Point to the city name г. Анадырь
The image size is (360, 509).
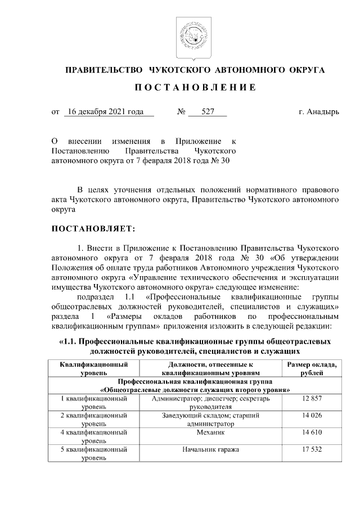pyautogui.click(x=319, y=112)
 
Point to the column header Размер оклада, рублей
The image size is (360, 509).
pyautogui.click(x=311, y=369)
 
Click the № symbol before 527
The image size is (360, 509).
pyautogui.click(x=181, y=112)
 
